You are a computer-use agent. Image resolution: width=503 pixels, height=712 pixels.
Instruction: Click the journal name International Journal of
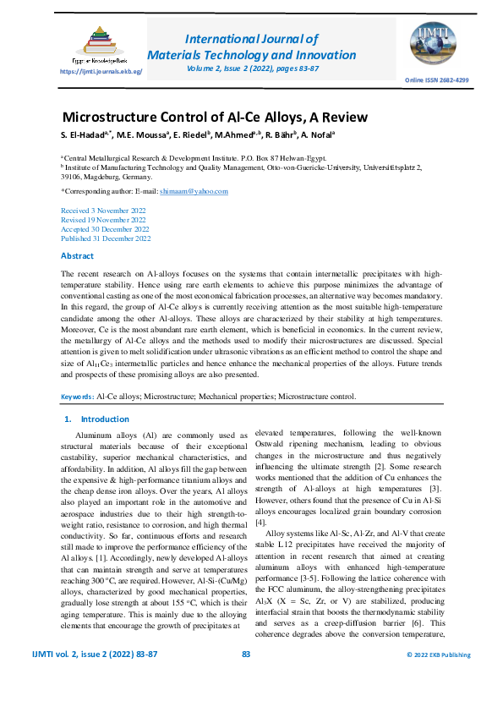coord(251,39)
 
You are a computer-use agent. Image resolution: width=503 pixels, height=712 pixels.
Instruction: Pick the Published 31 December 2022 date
coord(106,238)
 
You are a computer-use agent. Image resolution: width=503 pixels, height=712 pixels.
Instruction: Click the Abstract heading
coord(78,255)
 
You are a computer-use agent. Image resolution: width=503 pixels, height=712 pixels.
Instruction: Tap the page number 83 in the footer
coord(247,677)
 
